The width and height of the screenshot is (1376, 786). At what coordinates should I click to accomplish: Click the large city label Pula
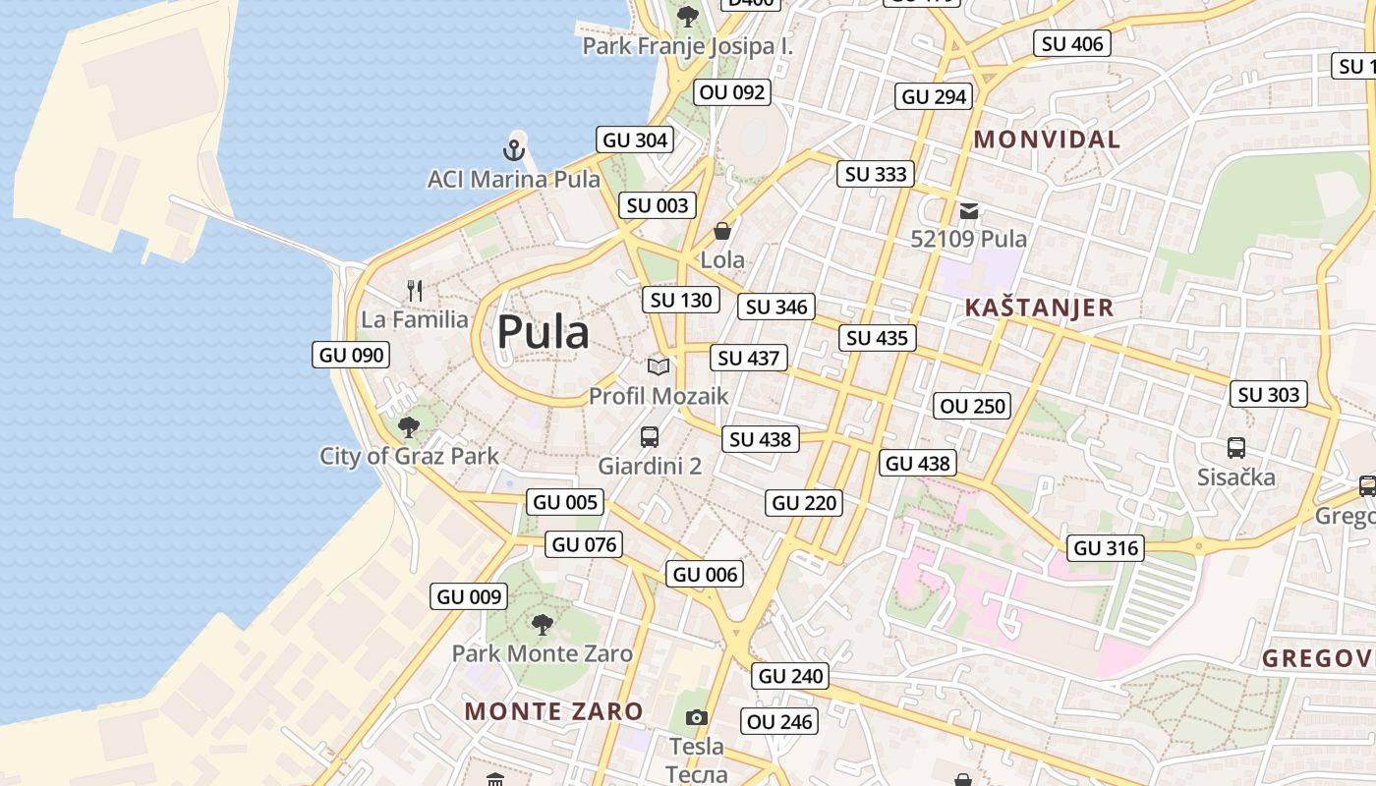pos(543,332)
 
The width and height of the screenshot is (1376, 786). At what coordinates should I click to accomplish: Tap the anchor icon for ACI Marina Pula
pos(513,150)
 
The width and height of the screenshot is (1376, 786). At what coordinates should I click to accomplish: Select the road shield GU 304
pos(635,140)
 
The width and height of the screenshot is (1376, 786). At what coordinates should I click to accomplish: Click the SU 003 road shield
pos(658,205)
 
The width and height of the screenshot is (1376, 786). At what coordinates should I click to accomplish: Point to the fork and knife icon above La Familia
pos(415,290)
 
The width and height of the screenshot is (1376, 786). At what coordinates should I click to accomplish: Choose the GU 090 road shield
pos(351,355)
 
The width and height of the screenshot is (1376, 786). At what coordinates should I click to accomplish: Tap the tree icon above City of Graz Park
pos(409,427)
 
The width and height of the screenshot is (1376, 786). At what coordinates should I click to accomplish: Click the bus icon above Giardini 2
pos(650,437)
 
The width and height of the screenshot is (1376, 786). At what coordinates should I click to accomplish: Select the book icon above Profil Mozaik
pos(659,366)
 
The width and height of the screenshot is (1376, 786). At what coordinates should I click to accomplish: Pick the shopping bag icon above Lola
pos(722,231)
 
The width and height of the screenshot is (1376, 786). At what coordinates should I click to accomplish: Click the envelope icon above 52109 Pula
pos(969,210)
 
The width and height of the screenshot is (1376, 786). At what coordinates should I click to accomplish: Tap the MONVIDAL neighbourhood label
pos(1047,140)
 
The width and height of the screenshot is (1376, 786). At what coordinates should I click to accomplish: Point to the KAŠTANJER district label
pos(1039,308)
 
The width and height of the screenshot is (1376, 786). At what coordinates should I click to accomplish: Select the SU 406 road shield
pos(1072,43)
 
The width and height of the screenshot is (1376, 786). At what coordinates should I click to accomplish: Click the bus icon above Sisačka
pos(1236,448)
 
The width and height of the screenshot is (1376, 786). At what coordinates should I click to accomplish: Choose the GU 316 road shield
pos(1106,548)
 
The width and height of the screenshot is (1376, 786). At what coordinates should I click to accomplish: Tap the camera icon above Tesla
pos(697,717)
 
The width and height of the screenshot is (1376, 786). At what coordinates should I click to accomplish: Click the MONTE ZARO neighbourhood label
pos(553,711)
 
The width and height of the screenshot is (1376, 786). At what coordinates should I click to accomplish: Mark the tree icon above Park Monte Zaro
pos(542,624)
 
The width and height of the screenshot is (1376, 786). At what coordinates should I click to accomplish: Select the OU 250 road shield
pos(972,406)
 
